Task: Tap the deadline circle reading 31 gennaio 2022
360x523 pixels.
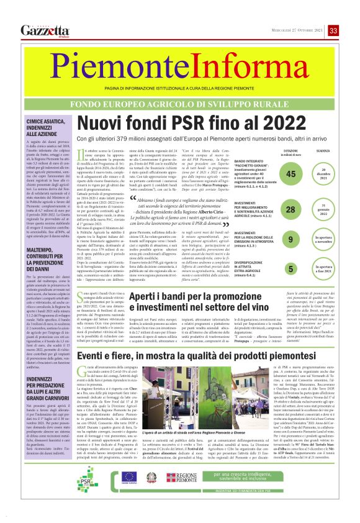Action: tap(323, 210)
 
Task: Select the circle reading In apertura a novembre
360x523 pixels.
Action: tap(323, 239)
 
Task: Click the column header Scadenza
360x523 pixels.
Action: tap(323, 152)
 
